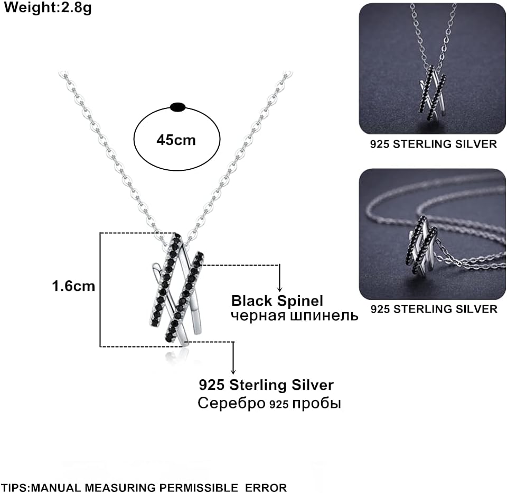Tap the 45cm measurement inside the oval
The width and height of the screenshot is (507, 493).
coord(176,140)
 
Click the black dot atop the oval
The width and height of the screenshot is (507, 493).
coord(178,107)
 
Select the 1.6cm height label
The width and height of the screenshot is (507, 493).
coord(73,286)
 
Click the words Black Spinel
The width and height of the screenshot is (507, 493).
coord(277,301)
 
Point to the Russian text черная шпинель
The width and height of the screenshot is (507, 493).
coord(295,316)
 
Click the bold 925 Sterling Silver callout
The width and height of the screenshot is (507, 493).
coord(266,385)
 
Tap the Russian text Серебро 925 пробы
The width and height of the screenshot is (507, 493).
coord(269,404)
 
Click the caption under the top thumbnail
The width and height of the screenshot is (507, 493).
coord(433,144)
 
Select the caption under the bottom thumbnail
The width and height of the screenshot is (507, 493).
coord(433,309)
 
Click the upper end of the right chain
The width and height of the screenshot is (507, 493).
coord(287,75)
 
